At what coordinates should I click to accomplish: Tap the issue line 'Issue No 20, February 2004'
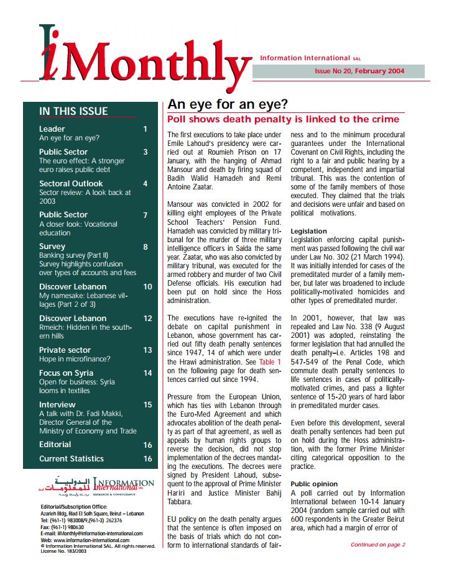tap(359, 71)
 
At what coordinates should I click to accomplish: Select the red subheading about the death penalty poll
tap(284, 119)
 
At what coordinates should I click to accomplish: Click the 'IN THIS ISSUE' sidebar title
tap(73, 111)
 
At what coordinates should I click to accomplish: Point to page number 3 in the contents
tap(145, 152)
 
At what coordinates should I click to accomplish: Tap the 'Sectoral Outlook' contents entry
tap(71, 183)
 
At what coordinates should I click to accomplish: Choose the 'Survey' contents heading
tap(52, 247)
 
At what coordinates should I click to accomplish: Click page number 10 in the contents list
tap(147, 287)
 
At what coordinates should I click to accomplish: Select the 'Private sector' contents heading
tap(65, 350)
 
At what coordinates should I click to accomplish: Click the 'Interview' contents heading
tap(57, 404)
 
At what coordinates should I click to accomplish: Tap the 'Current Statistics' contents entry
tap(72, 458)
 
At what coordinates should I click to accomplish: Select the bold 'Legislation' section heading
tap(308, 231)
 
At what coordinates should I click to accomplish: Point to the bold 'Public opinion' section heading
tap(314, 483)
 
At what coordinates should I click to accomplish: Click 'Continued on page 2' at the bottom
tap(377, 545)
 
